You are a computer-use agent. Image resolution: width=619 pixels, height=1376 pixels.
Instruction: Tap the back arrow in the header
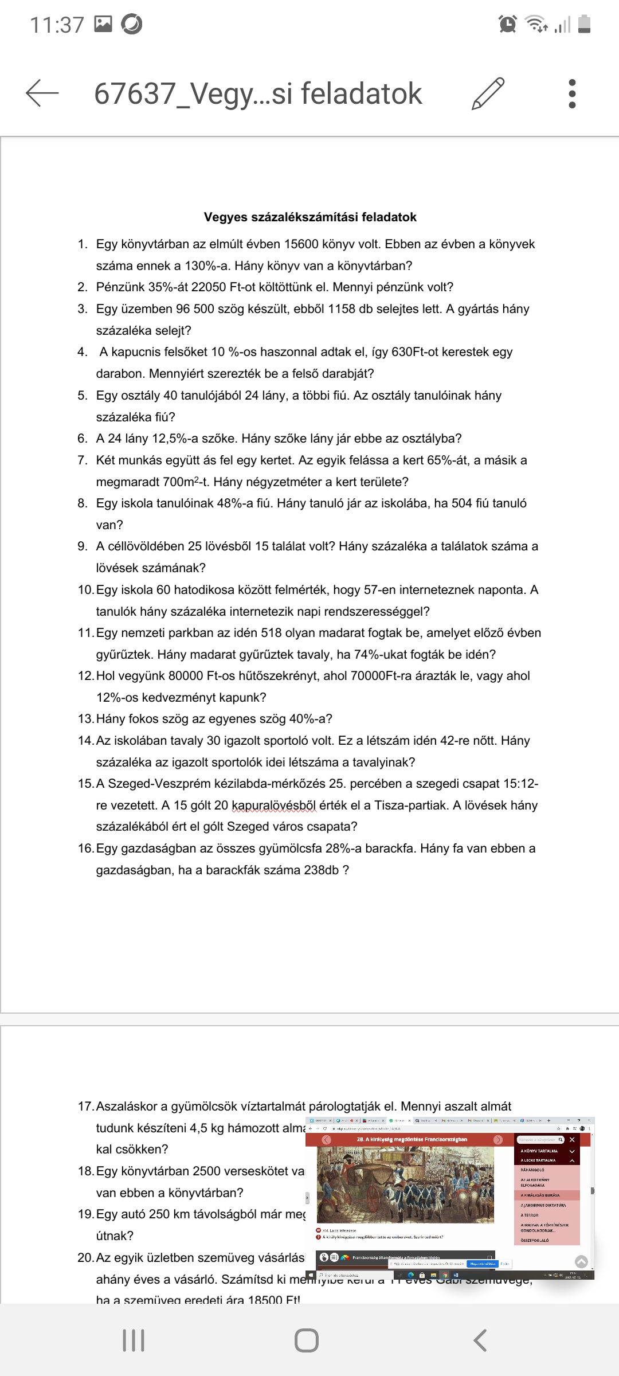click(x=42, y=93)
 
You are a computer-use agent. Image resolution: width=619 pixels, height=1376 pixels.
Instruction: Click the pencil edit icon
click(x=488, y=93)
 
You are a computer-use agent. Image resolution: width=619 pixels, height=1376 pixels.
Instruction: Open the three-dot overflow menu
click(x=571, y=93)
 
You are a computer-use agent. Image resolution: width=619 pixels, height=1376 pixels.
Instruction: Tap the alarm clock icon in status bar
click(x=508, y=24)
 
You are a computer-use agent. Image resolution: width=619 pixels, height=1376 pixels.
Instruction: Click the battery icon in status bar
click(x=584, y=24)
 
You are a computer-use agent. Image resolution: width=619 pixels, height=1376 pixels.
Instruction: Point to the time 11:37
click(x=57, y=25)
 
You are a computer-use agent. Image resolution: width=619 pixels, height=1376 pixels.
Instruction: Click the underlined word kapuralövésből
click(x=273, y=806)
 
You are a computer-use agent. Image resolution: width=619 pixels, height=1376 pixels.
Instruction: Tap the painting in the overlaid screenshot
click(x=405, y=1185)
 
